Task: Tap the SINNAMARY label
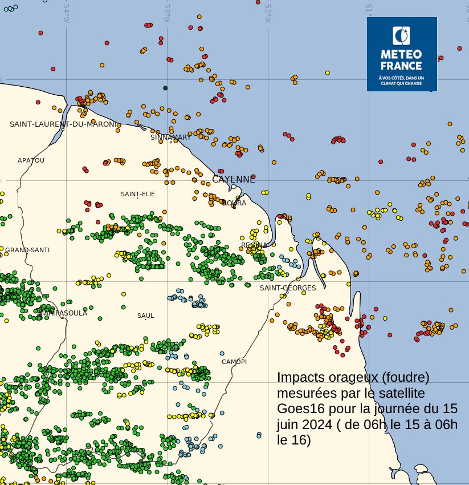171,138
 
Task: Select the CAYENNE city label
234,179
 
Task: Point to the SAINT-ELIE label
137,194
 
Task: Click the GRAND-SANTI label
27,250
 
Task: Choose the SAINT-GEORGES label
288,288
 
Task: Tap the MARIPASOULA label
63,313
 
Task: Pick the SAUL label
145,316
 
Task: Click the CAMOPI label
234,362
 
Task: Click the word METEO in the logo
401,54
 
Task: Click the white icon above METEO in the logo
401,35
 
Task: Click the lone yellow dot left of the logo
328,73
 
